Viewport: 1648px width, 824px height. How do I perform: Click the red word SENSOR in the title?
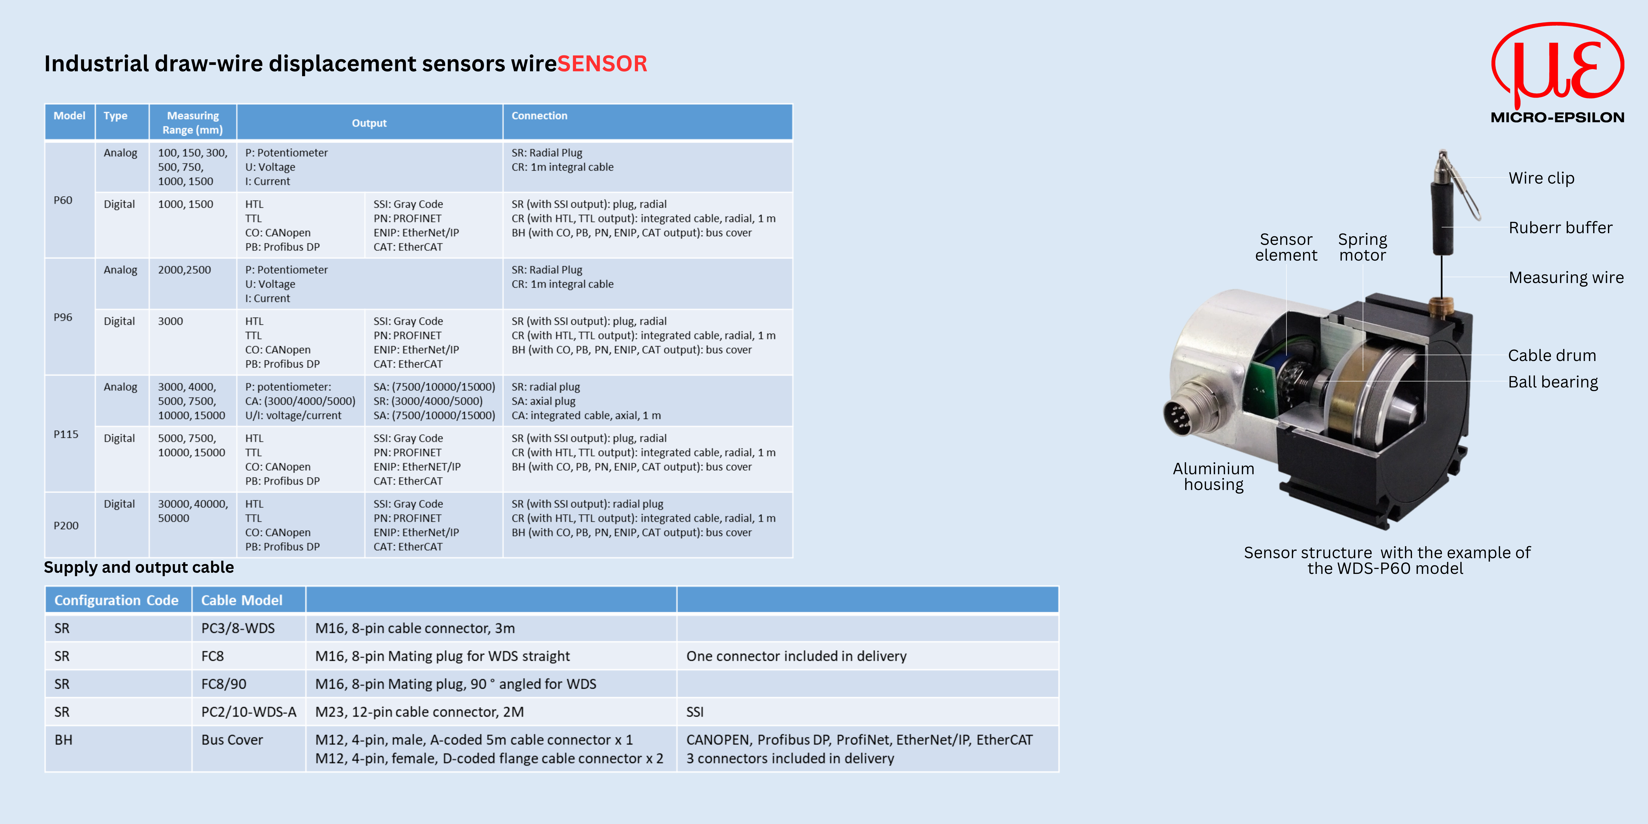(602, 64)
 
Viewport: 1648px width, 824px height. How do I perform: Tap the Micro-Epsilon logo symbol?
(1557, 64)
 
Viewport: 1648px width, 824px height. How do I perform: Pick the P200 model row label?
(66, 526)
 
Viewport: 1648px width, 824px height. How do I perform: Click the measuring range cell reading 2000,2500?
(184, 270)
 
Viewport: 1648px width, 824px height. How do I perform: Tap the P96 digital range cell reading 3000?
(170, 321)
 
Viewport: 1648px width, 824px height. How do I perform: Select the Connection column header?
(539, 116)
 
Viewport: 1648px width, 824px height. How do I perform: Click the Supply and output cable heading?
(139, 567)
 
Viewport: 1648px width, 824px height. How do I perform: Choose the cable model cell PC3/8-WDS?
(238, 628)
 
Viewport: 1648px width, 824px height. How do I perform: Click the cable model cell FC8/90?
(224, 684)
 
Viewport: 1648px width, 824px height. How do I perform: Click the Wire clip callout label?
(1541, 179)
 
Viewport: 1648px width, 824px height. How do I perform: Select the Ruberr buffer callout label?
(1560, 228)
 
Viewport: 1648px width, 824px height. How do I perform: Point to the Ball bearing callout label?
(1553, 382)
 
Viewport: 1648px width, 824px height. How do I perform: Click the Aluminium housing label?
(1213, 477)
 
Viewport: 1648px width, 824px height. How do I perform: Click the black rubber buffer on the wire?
(1442, 217)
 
